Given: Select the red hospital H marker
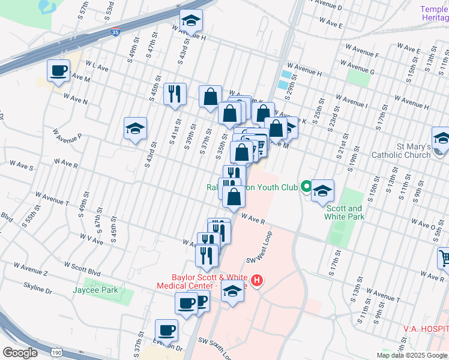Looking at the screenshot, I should click(257, 280).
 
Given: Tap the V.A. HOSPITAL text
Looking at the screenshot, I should click(426, 329).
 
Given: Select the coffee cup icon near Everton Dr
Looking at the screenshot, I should click(166, 330).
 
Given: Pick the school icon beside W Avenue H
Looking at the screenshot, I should click(191, 22).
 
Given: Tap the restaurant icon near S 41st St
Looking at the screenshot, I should click(175, 94).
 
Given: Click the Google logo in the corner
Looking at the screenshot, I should click(20, 352).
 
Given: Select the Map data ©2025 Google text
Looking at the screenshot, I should click(412, 355).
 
